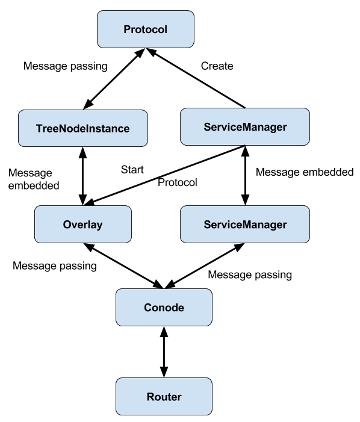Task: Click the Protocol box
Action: point(146,29)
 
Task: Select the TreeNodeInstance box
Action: point(83,128)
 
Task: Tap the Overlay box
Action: point(83,224)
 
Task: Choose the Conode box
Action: point(164,308)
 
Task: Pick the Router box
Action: point(164,397)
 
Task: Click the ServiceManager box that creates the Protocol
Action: point(245,127)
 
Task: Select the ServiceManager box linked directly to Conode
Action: point(245,224)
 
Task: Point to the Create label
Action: point(217,66)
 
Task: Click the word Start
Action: point(132,170)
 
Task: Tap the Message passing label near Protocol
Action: point(66,66)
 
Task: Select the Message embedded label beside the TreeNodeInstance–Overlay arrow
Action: point(34,179)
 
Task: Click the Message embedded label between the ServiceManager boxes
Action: point(305,172)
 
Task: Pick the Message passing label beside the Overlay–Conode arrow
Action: point(55,266)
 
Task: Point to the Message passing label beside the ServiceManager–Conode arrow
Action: point(250,275)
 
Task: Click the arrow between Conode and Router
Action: point(164,352)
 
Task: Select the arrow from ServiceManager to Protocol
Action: point(196,78)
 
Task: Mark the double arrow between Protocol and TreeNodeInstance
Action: point(114,79)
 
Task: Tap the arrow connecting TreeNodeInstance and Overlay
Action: point(83,176)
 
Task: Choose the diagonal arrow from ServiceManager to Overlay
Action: point(164,175)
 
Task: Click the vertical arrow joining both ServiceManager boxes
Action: point(245,175)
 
